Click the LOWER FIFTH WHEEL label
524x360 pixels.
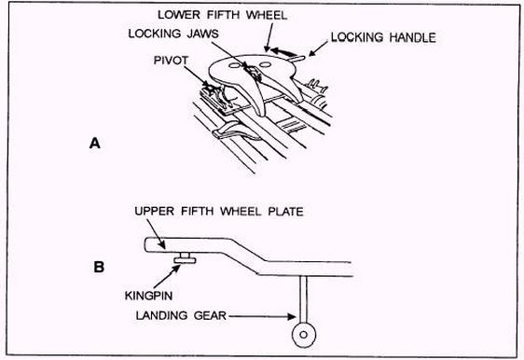(x=222, y=15)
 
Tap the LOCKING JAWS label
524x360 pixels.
(x=173, y=34)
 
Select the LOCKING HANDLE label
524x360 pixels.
(x=383, y=37)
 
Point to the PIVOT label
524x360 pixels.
(x=172, y=61)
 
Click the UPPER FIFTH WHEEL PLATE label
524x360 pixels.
(x=219, y=212)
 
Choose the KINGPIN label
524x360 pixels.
(x=148, y=296)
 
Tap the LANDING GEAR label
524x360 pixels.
(x=181, y=315)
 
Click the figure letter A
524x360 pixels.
(x=95, y=144)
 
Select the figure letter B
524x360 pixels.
(x=99, y=267)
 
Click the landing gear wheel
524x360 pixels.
(x=304, y=334)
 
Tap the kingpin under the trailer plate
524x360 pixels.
(x=185, y=258)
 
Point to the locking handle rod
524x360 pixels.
(x=296, y=59)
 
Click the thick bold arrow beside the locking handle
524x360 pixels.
(x=283, y=52)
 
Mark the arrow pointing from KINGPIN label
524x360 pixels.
(x=167, y=276)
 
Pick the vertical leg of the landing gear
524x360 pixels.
(x=303, y=299)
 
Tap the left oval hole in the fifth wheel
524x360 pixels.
(x=234, y=65)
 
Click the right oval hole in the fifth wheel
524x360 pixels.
(x=265, y=64)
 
